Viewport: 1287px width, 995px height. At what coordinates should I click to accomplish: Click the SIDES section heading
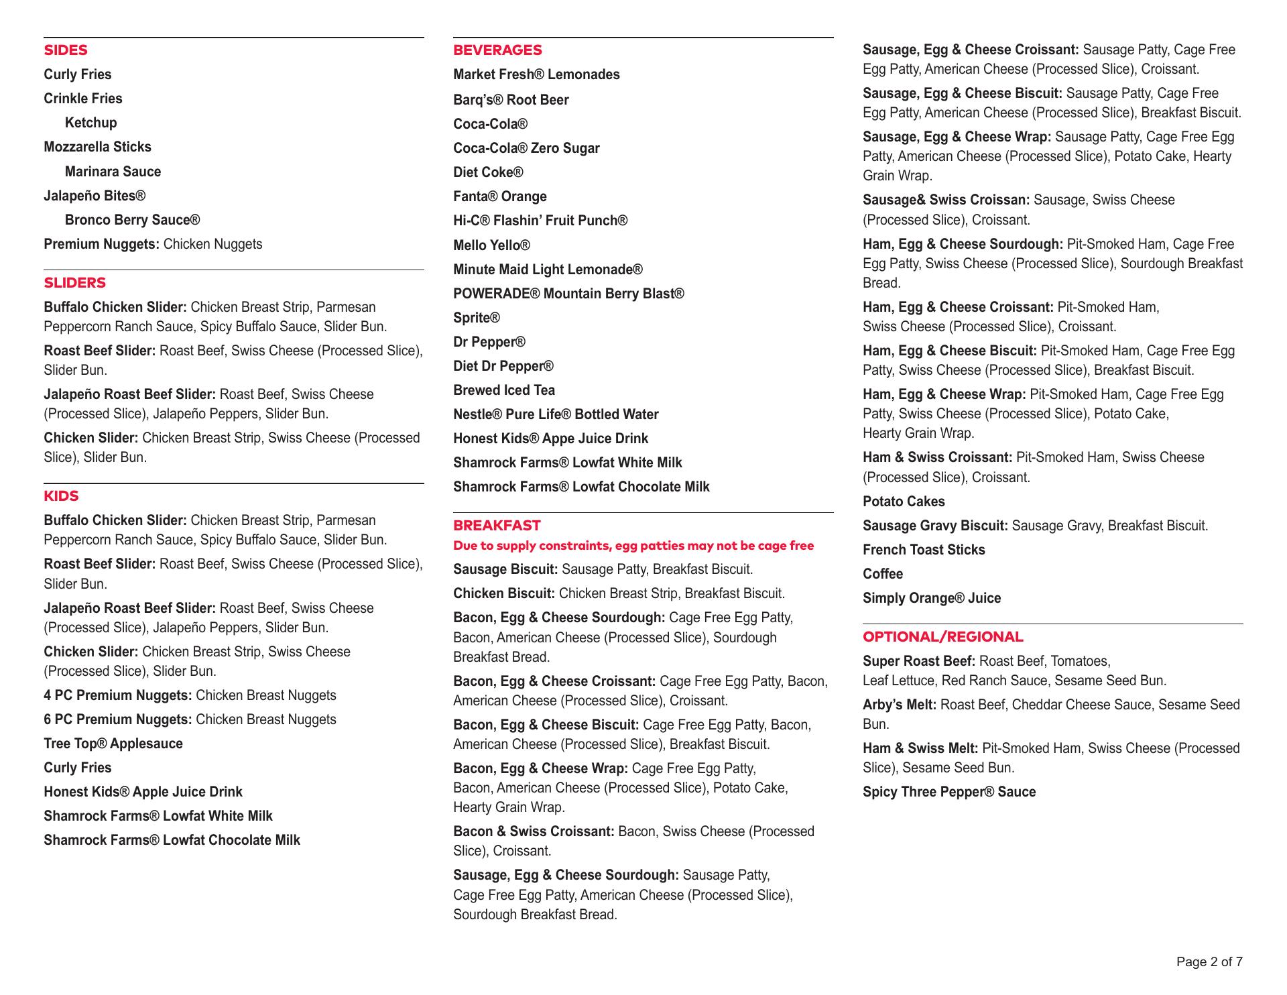(66, 50)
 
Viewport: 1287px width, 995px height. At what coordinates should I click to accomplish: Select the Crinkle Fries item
(83, 99)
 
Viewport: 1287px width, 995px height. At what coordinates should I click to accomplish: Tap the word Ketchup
(90, 123)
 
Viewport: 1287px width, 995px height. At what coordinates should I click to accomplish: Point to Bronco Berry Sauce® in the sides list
(132, 220)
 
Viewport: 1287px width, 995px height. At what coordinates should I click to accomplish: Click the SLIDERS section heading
(75, 283)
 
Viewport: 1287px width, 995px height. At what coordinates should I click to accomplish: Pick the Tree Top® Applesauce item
(113, 744)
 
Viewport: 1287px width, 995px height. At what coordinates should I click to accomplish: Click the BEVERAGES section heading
(497, 50)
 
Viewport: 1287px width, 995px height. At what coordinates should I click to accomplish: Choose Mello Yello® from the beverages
(491, 245)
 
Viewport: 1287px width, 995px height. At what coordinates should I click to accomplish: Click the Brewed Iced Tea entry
(504, 390)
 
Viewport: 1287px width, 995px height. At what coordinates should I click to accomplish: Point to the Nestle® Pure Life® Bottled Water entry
(556, 414)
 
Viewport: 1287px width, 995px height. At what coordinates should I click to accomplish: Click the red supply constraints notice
(633, 546)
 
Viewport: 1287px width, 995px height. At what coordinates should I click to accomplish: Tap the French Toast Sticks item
(924, 550)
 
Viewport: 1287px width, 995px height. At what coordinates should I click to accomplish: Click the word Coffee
(883, 574)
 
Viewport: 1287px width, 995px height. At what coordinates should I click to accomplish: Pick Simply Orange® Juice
(932, 598)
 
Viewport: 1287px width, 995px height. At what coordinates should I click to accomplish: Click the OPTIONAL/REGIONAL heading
(943, 637)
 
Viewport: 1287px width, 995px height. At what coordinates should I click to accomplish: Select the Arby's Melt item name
(900, 705)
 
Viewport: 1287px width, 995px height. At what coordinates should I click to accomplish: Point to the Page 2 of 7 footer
(1209, 962)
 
